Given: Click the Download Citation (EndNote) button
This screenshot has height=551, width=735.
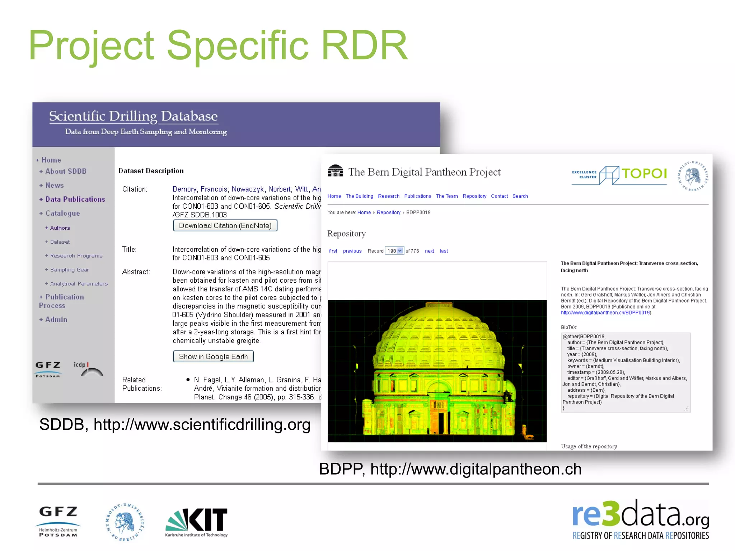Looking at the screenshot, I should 225,226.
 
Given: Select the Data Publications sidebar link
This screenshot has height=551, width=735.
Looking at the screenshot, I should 75,199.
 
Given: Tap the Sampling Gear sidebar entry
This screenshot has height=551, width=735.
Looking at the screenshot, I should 69,270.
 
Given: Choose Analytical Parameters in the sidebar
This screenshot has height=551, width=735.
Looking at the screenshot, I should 79,284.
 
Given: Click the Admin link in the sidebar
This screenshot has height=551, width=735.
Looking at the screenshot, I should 56,320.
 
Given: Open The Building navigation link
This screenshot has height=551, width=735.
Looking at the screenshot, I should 359,196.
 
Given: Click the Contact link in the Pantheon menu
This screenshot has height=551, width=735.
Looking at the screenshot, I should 499,196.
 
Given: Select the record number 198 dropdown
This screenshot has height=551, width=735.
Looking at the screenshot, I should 394,251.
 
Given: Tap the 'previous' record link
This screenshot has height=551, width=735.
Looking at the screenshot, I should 352,251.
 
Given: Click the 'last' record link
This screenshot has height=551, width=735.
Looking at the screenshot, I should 444,251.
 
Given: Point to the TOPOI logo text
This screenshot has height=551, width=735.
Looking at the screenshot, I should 644,174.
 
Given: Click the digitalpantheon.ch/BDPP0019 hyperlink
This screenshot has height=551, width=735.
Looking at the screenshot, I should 606,313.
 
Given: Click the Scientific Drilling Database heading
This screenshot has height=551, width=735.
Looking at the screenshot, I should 133,116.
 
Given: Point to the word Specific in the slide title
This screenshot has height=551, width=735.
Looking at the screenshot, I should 238,46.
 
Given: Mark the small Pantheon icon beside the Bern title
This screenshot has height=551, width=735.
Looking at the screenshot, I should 335,171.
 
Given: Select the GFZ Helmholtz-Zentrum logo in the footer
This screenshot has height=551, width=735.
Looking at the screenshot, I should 58,522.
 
